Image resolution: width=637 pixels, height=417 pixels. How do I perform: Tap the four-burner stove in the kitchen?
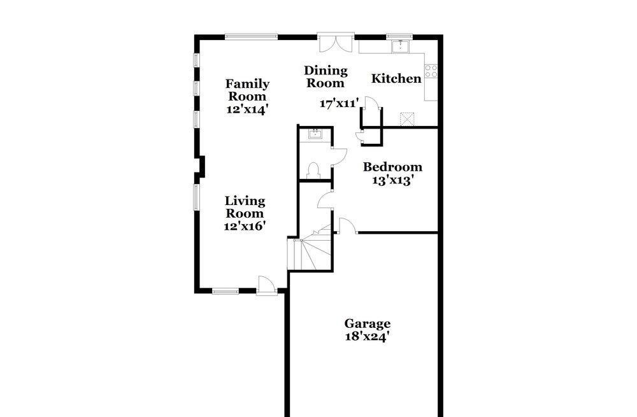[x=431, y=71]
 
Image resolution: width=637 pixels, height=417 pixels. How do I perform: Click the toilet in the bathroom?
[x=313, y=170]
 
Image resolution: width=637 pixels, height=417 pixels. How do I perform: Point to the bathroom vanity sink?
[x=314, y=134]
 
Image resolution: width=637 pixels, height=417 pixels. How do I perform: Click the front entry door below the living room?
[x=267, y=285]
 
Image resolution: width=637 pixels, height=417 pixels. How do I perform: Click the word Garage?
[x=368, y=323]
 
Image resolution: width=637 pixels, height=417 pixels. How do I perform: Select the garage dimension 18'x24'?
[x=368, y=336]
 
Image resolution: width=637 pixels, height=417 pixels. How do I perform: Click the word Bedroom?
[x=392, y=167]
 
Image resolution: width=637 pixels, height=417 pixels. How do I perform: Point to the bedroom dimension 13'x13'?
[x=393, y=180]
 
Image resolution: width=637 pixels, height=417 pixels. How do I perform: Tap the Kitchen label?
[x=396, y=79]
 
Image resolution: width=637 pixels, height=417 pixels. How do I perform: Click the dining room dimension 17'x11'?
[x=340, y=103]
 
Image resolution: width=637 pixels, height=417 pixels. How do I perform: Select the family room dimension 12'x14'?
[x=247, y=109]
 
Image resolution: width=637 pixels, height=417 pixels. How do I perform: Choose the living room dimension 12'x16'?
[x=245, y=225]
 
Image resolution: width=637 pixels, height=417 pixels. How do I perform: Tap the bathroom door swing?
[x=338, y=157]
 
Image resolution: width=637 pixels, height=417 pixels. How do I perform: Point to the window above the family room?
[x=251, y=36]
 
